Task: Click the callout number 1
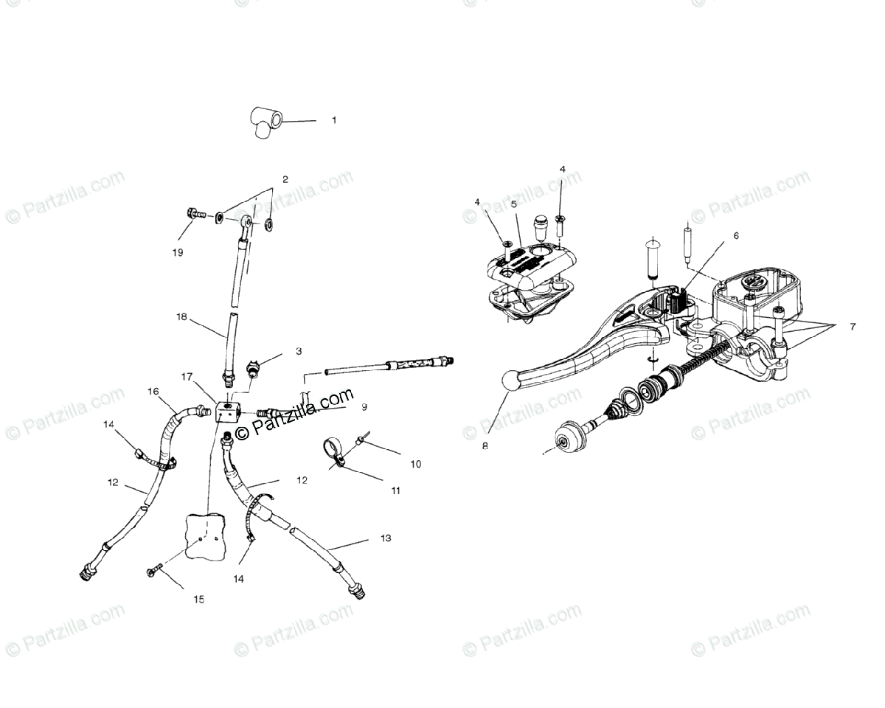333,119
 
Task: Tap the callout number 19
177,252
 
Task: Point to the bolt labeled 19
195,215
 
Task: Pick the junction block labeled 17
227,412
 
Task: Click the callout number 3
299,352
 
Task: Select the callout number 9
364,406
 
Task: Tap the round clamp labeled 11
333,454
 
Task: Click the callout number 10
416,464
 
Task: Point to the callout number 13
386,538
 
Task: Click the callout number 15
198,600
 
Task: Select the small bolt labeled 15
154,572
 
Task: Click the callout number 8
485,445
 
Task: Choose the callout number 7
853,327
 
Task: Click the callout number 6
735,236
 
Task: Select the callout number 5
513,204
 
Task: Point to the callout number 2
285,179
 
